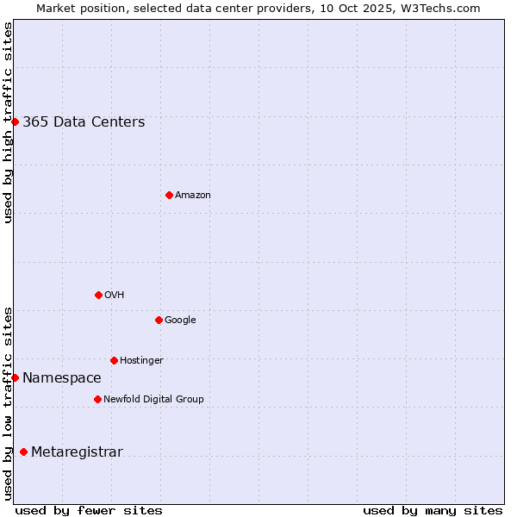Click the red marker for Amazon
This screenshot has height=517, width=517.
point(169,195)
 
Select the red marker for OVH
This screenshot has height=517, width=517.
point(98,295)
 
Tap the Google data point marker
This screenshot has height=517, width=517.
point(159,320)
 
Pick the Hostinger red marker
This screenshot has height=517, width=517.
point(114,360)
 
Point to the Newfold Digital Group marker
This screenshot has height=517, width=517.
point(97,399)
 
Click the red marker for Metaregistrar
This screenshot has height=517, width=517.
point(23,452)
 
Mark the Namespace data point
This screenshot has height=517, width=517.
point(15,377)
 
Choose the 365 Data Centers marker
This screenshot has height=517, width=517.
point(15,121)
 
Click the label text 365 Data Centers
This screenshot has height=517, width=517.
point(84,121)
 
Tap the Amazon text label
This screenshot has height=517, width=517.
point(193,196)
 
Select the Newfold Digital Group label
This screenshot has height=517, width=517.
point(153,399)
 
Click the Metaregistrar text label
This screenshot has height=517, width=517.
point(77,452)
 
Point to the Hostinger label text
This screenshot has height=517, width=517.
point(141,360)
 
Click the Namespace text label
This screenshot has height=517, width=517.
point(62,377)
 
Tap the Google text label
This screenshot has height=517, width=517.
point(180,320)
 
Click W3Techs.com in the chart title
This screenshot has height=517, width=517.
point(439,8)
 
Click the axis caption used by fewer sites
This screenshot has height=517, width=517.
point(89,510)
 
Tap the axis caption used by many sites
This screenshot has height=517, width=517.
point(433,510)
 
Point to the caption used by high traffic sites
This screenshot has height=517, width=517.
point(8,122)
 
